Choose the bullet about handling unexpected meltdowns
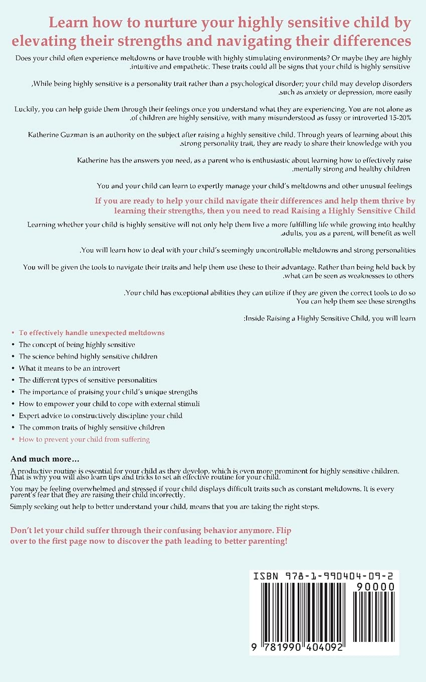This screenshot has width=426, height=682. tap(91, 332)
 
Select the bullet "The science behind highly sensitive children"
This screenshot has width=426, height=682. tap(88, 356)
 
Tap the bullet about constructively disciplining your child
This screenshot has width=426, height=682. tap(100, 416)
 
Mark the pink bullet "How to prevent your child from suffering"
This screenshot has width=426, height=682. tap(84, 439)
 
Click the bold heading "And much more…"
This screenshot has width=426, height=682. tap(45, 459)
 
